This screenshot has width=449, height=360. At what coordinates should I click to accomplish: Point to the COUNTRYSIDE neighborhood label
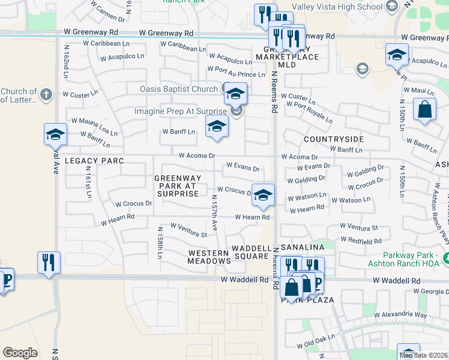point(334,139)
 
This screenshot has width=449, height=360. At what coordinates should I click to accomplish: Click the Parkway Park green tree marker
point(446,259)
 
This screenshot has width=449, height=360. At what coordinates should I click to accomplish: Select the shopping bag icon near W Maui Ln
point(424,110)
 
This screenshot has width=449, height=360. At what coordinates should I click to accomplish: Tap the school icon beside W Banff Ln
point(217,126)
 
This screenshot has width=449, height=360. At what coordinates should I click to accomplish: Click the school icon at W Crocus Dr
point(262,194)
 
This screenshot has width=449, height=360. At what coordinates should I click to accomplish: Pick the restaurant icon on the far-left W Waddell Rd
point(49,262)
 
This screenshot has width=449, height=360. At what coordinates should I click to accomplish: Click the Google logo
point(20,353)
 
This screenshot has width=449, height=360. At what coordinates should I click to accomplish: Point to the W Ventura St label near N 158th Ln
point(188,230)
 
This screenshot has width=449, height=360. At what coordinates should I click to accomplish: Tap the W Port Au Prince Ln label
point(236,72)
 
